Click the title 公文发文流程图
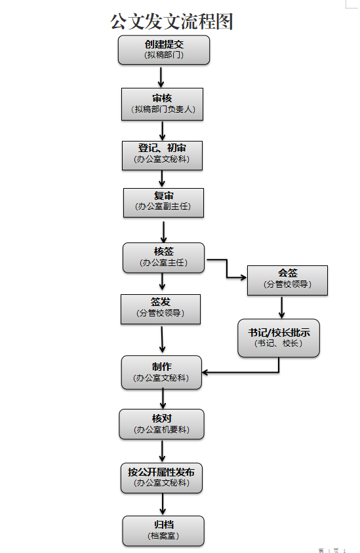pos(172,21)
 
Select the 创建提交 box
pos(164,50)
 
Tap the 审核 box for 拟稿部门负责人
pos(163,104)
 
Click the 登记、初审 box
pos(163,155)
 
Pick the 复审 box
pos(163,203)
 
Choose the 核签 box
pos(163,257)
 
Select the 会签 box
pos(287,280)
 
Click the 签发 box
pos(161,309)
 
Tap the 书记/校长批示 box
pos(279,338)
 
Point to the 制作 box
pos(162,372)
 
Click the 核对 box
pos(162,425)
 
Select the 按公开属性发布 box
pos(161,478)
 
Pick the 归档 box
pos(163,531)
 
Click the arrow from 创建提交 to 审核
pos(161,77)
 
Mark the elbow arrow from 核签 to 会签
pos(227,269)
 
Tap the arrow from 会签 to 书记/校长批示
pos(281,307)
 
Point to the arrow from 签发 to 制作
pos(162,339)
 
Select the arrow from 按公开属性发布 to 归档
pos(163,504)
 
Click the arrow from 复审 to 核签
pos(163,232)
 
